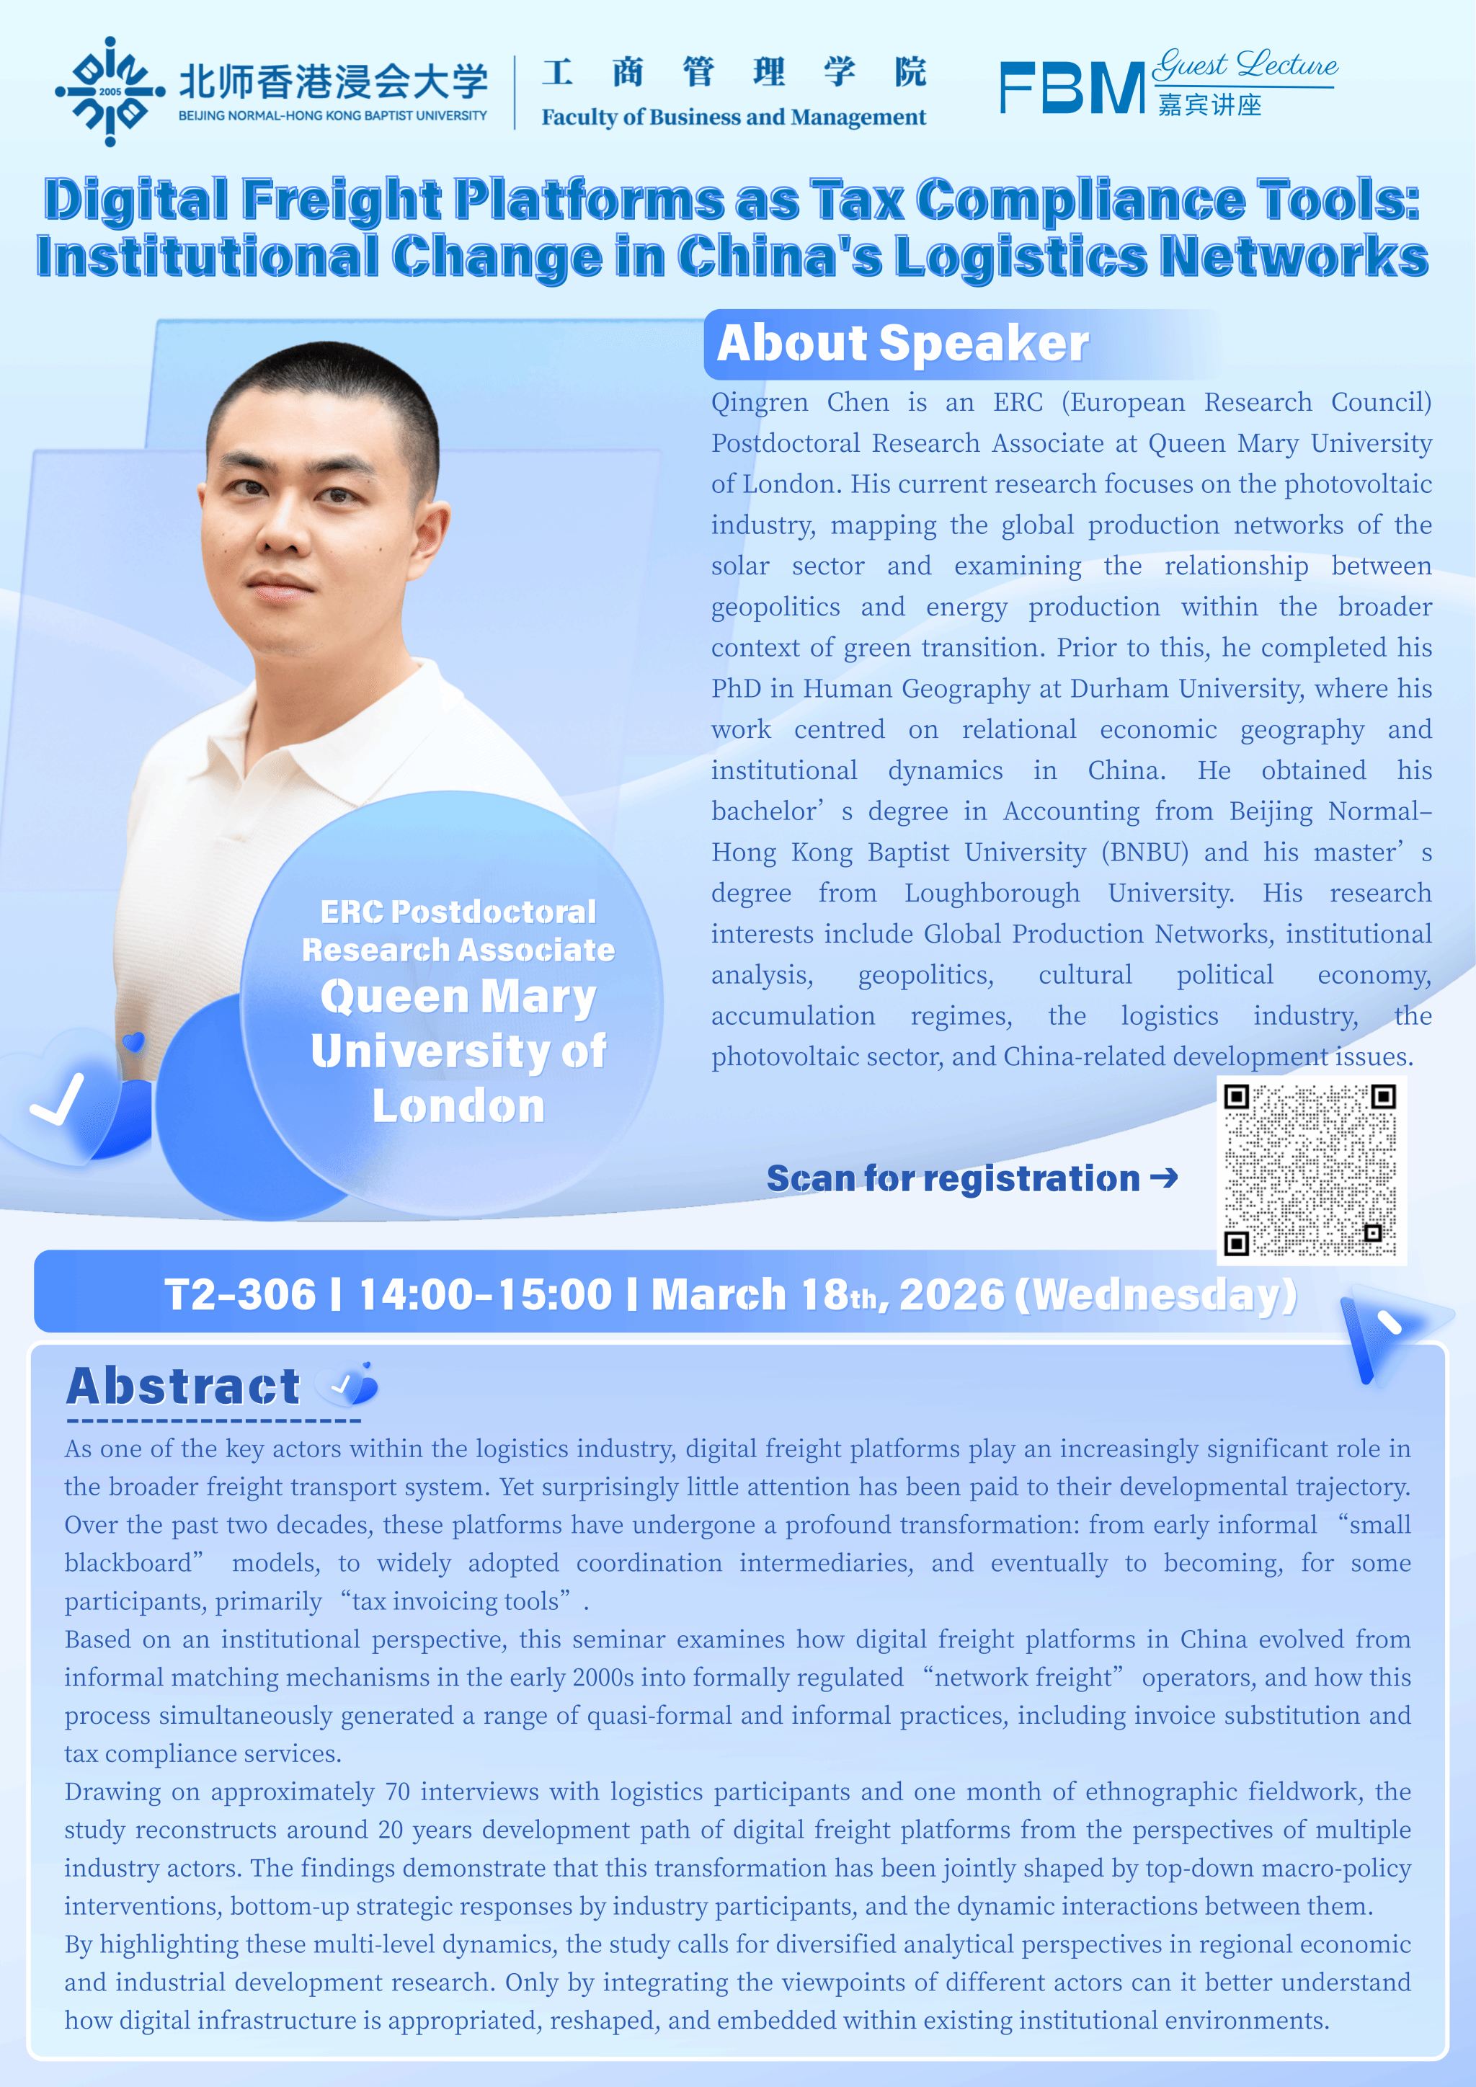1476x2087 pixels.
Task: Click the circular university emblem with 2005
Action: (110, 91)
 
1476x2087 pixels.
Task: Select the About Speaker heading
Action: (902, 344)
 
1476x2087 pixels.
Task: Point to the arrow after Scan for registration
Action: (1164, 1178)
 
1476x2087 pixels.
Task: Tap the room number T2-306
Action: (240, 1294)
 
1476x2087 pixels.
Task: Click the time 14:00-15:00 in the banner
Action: (485, 1294)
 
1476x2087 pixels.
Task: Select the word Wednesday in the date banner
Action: (1156, 1294)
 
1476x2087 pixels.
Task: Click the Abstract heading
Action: (182, 1387)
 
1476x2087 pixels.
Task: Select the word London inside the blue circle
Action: (458, 1106)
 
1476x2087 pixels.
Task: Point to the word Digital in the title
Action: (135, 199)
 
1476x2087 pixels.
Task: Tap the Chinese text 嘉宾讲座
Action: (1210, 104)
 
